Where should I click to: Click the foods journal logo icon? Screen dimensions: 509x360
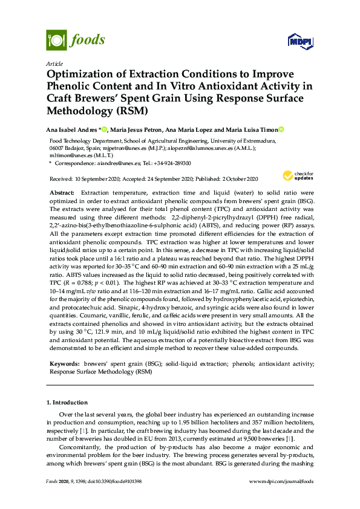pos(56,41)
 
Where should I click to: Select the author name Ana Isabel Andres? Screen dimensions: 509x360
pos(72,129)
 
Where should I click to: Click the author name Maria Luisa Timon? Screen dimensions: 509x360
pos(249,129)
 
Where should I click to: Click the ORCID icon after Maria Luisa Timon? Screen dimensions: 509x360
pos(281,129)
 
